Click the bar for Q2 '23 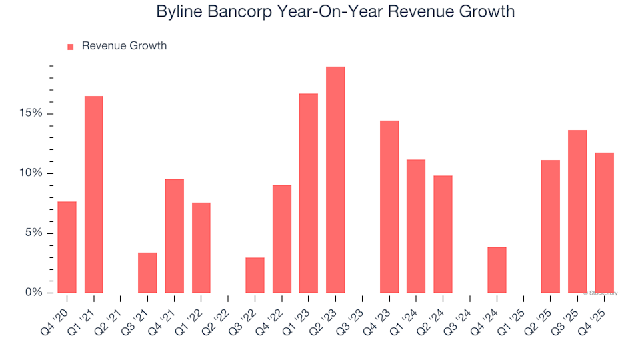pyautogui.click(x=335, y=179)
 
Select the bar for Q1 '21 pyautogui.click(x=94, y=194)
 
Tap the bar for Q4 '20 pyautogui.click(x=67, y=247)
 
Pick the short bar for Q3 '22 pyautogui.click(x=255, y=275)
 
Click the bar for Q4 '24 pyautogui.click(x=497, y=269)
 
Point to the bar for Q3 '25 pyautogui.click(x=577, y=211)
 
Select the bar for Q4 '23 pyautogui.click(x=389, y=207)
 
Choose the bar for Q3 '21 pyautogui.click(x=147, y=272)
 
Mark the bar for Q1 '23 pyautogui.click(x=309, y=193)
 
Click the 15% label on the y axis pyautogui.click(x=31, y=113)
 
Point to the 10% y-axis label pyautogui.click(x=31, y=173)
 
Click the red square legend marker pyautogui.click(x=71, y=47)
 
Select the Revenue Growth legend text pyautogui.click(x=124, y=46)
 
